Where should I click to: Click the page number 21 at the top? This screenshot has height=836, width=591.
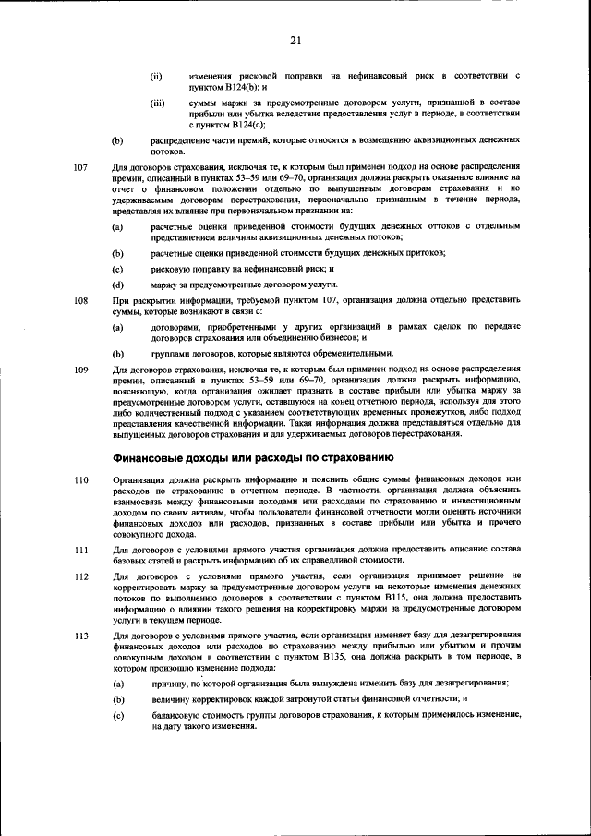[x=295, y=40]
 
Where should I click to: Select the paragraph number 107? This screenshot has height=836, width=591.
[x=80, y=167]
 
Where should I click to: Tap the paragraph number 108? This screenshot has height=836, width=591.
[x=80, y=301]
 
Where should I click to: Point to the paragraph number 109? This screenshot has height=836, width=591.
[x=80, y=370]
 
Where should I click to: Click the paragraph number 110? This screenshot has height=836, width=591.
[x=80, y=479]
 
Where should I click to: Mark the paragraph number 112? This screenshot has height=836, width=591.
[x=80, y=576]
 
